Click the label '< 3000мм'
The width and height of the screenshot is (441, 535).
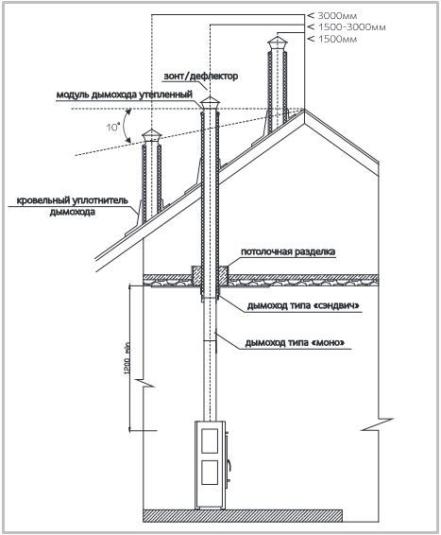point(332,15)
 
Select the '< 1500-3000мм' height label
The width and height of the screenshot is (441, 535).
point(347,27)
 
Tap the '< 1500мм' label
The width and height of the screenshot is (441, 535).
point(332,39)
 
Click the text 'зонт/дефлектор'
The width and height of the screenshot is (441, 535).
point(201,76)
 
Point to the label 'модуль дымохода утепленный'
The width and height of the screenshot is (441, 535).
point(125,95)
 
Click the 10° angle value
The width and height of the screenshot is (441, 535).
point(112,127)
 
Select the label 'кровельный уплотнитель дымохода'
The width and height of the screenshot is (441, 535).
point(73,206)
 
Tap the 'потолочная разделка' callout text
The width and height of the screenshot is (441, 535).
point(288,251)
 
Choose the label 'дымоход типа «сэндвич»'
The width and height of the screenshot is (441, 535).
point(303,305)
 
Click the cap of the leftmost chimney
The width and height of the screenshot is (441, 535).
point(152,136)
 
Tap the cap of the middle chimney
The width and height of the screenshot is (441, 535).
point(210,103)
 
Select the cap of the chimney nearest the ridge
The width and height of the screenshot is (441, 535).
point(278,43)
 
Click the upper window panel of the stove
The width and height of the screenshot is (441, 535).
point(210,440)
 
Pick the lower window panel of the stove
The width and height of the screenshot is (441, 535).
point(210,473)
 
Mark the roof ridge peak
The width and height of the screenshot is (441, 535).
point(304,110)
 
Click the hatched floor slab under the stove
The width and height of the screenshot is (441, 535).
point(243,515)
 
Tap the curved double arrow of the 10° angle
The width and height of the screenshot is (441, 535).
point(125,126)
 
